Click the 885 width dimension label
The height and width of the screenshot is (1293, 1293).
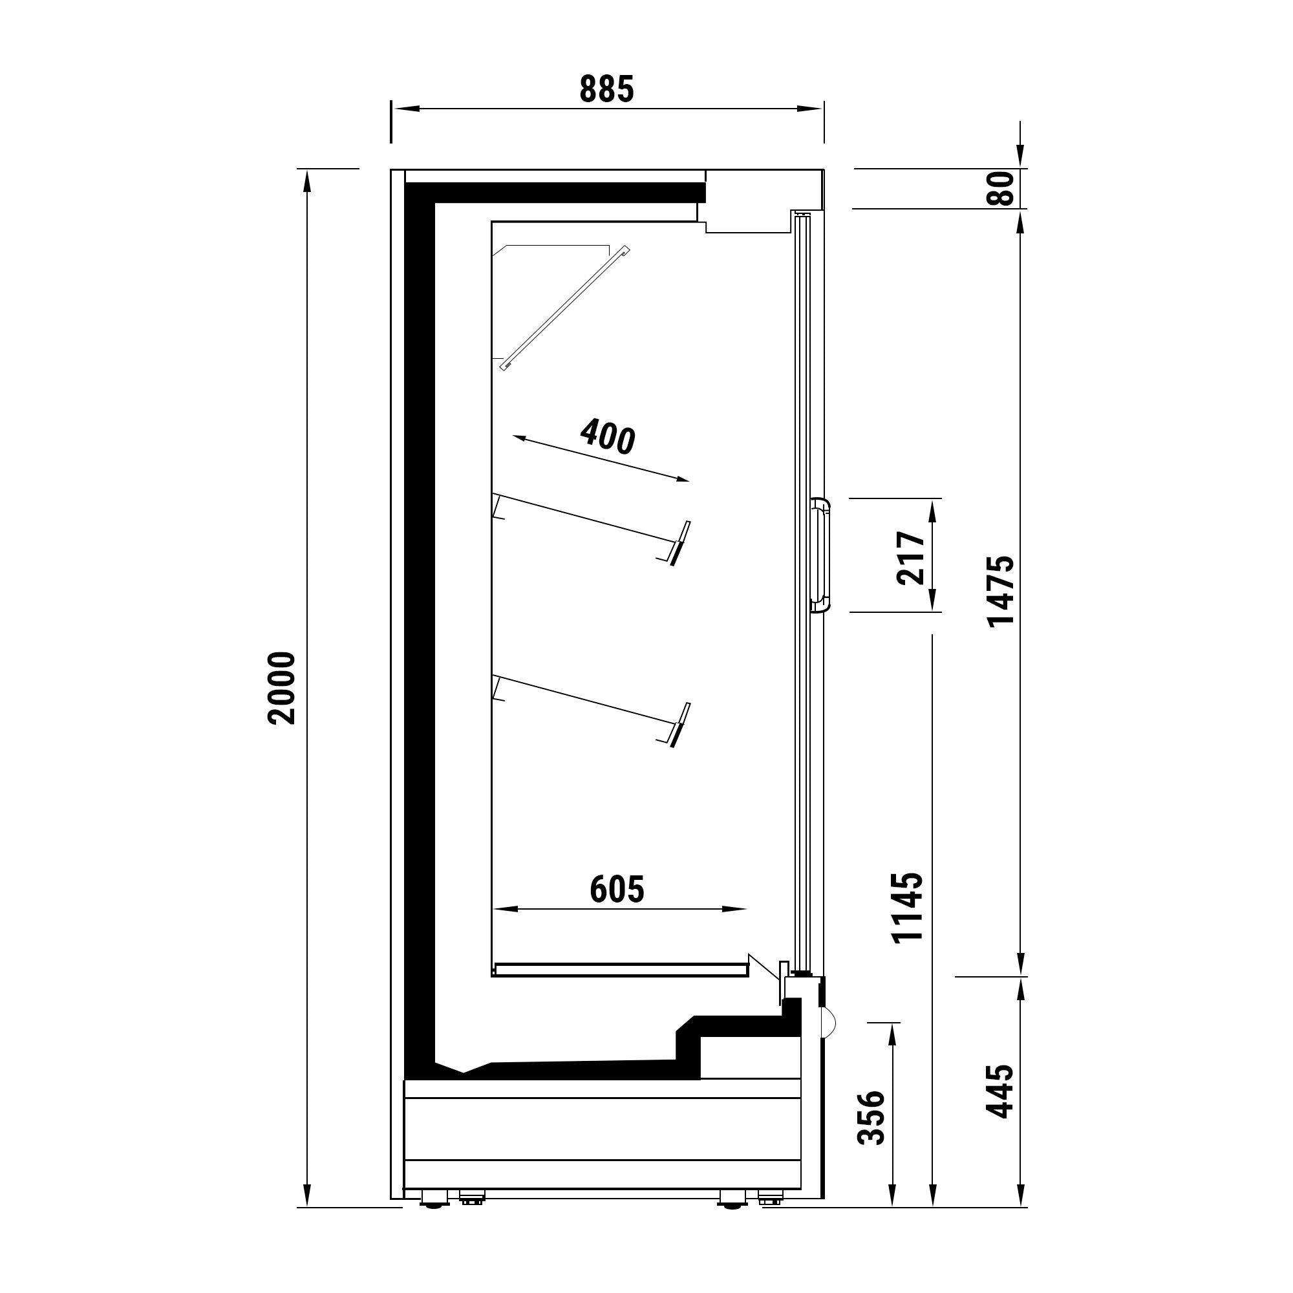point(606,90)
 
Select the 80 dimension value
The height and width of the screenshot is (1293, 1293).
point(1002,189)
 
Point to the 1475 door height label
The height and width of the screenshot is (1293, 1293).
point(1002,591)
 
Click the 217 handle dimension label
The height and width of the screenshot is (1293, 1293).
point(911,558)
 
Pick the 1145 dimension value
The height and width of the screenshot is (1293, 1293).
point(908,908)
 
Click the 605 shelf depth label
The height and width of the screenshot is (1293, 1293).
point(617,890)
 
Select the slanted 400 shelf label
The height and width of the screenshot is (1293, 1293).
point(607,436)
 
